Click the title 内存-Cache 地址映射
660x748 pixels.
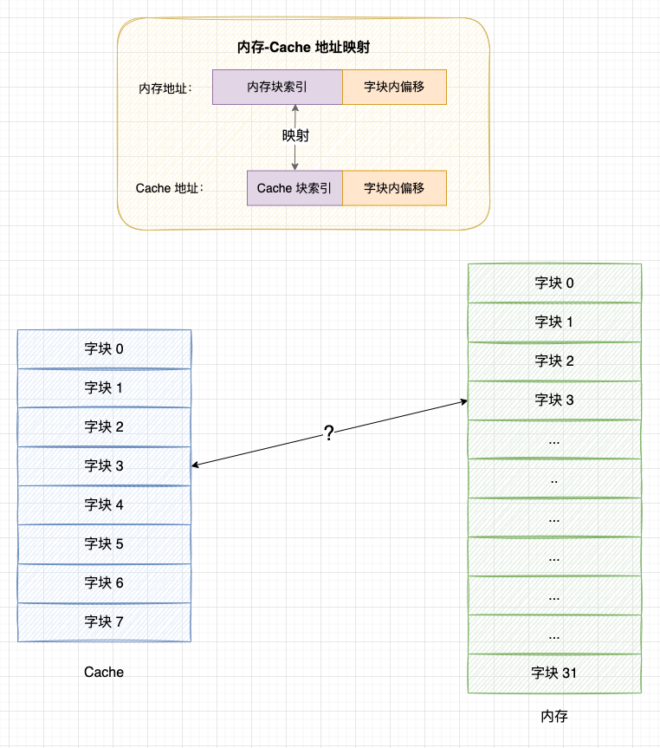coord(303,47)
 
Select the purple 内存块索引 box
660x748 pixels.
coord(277,88)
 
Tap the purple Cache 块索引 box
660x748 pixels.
coord(294,188)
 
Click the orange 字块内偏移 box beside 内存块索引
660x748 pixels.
coord(394,88)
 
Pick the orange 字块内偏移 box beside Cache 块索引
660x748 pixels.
coord(394,188)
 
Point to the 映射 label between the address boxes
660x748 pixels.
coord(295,136)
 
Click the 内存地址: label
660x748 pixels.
coord(165,88)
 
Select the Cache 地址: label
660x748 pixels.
coord(170,188)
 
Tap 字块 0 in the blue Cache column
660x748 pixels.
coord(104,349)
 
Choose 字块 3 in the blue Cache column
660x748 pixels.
coord(104,466)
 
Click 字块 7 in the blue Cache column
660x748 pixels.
coord(104,622)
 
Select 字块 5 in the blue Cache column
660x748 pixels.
coord(104,544)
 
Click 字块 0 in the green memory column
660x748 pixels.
coord(554,283)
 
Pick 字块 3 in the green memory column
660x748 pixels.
coord(554,400)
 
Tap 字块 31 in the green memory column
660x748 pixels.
coord(554,673)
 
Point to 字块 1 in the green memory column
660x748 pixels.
coord(554,322)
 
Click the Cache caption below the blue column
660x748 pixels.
coord(104,673)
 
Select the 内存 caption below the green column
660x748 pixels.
coord(554,717)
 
